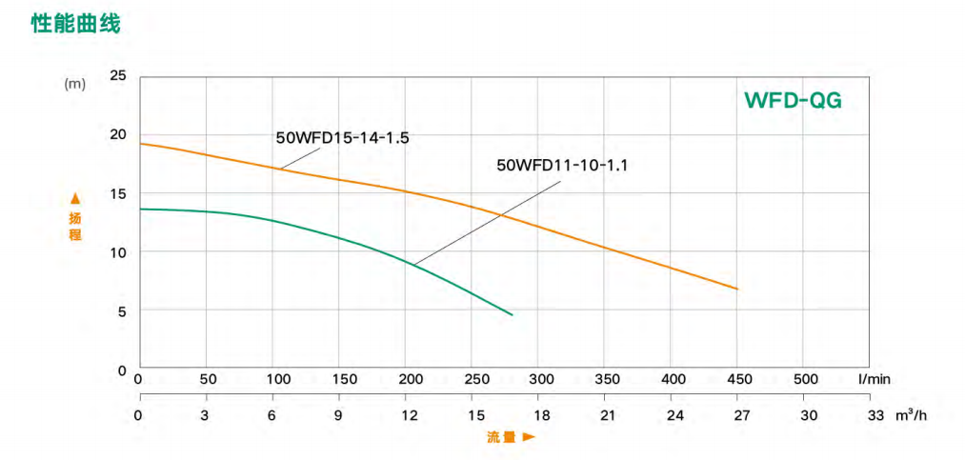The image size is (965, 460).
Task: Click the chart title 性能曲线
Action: pyautogui.click(x=76, y=24)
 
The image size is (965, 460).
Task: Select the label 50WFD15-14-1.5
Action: pyautogui.click(x=342, y=137)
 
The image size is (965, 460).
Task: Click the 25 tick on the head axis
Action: pyautogui.click(x=118, y=75)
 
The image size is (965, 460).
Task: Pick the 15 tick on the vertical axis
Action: pyautogui.click(x=118, y=193)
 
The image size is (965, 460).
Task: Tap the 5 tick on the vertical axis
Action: pyautogui.click(x=122, y=310)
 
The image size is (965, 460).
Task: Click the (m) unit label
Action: pyautogui.click(x=74, y=84)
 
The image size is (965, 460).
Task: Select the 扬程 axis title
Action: pyautogui.click(x=75, y=227)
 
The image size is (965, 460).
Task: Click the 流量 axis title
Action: pyautogui.click(x=501, y=437)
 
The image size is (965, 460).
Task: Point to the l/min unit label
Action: pyautogui.click(x=874, y=379)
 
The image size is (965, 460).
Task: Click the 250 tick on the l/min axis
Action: pyautogui.click(x=472, y=379)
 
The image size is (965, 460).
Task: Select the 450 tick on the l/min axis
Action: pyautogui.click(x=738, y=379)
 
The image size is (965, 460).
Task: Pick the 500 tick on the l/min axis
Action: pyautogui.click(x=805, y=379)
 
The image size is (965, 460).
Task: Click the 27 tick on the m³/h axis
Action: pyautogui.click(x=741, y=415)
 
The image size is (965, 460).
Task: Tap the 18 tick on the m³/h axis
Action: pyautogui.click(x=541, y=415)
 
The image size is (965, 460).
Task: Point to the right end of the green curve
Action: pyautogui.click(x=513, y=314)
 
